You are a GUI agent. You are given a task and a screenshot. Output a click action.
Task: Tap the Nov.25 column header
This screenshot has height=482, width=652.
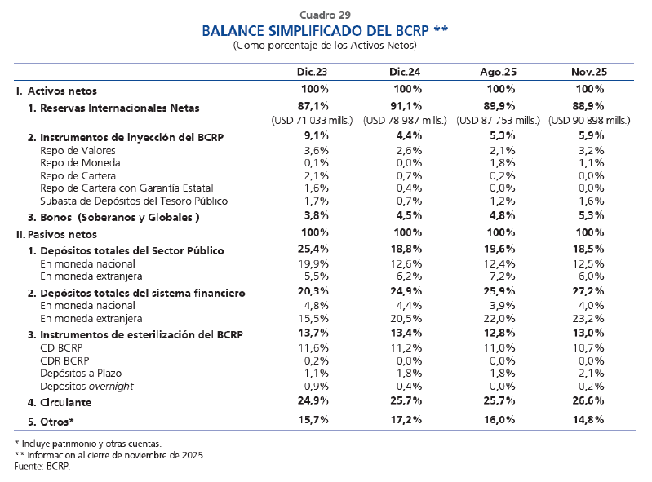pos(590,72)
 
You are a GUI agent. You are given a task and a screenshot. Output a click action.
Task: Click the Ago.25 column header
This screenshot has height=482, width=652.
pos(497,72)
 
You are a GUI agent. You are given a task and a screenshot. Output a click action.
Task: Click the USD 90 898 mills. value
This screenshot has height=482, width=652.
pos(590,120)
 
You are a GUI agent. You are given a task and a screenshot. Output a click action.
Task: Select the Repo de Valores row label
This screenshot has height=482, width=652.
pos(78,150)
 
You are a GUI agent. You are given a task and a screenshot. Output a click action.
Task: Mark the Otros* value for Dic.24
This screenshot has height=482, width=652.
pos(407,420)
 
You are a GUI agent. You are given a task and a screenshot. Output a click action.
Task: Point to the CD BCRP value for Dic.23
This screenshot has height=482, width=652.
pos(314,347)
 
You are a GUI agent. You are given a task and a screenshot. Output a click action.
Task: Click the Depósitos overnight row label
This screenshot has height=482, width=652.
pos(86,385)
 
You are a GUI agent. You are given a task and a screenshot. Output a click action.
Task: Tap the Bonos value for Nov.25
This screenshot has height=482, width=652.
pos(590,216)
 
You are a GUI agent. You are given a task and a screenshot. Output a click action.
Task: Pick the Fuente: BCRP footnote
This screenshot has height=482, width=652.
pos(42,466)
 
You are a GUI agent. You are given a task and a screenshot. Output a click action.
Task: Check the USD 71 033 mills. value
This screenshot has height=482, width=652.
pos(314,120)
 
